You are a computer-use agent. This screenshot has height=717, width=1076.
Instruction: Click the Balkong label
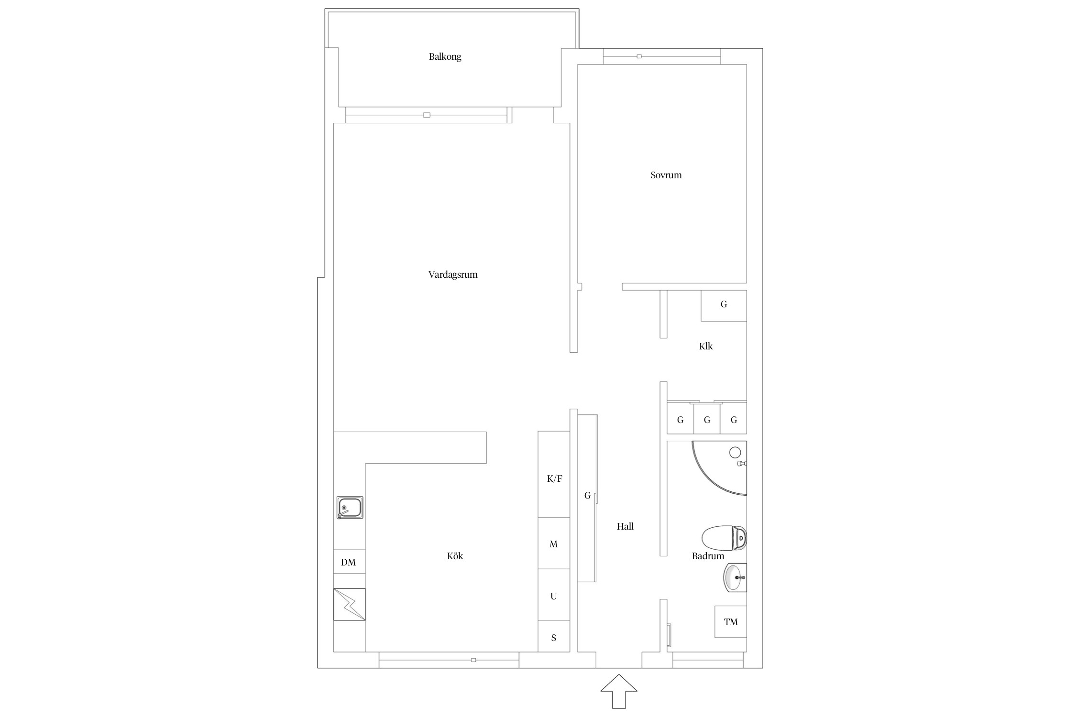pos(445,57)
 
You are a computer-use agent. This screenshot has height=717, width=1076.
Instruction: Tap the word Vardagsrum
pos(453,275)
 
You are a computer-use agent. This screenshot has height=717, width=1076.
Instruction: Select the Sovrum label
pos(666,175)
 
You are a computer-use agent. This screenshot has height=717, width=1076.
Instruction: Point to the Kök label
pos(455,556)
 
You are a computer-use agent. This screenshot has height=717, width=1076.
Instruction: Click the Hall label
pos(625,526)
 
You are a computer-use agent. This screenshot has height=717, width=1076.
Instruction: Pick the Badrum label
pos(708,556)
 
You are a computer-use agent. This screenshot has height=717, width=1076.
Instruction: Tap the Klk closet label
pos(706,346)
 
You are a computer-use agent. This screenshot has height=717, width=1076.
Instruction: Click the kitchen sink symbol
pos(350,507)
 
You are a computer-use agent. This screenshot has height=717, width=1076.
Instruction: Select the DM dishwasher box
pos(349,562)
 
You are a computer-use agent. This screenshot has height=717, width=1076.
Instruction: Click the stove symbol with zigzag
pos(349,604)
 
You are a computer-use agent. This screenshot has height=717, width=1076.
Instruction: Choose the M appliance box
pos(554,543)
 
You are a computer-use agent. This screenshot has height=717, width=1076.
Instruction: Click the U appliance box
pos(554,595)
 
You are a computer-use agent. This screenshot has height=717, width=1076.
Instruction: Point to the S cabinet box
pos(554,637)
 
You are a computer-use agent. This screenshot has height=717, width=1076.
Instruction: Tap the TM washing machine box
pos(731,622)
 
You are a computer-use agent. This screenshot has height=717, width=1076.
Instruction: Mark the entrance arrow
pos(619,691)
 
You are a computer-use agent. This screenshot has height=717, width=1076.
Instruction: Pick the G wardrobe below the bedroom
pos(724,305)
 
